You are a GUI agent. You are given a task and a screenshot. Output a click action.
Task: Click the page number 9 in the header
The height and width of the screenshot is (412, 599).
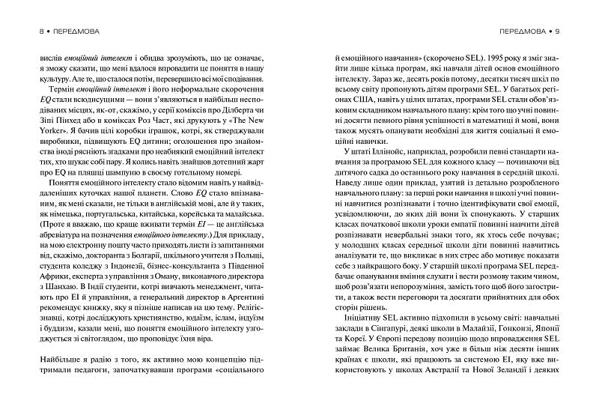[x=567, y=32]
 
